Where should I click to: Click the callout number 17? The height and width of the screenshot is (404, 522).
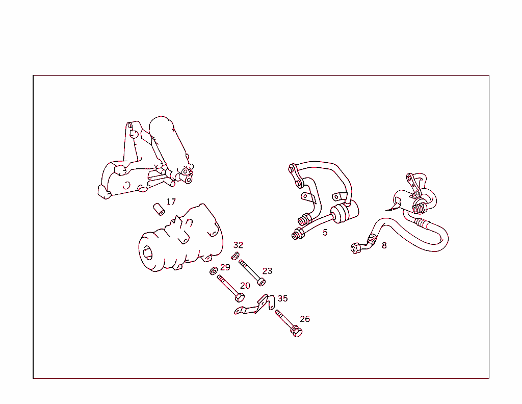tap(171, 202)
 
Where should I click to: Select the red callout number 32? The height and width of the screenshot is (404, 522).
tap(238, 245)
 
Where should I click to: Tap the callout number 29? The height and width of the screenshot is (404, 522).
tap(225, 267)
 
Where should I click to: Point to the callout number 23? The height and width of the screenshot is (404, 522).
tap(268, 271)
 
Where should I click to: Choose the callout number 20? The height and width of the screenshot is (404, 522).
tap(245, 286)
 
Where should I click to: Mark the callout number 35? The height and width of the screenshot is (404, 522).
tap(282, 298)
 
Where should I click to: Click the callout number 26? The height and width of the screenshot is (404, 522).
tap(305, 319)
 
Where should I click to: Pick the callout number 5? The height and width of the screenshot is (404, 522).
tap(325, 233)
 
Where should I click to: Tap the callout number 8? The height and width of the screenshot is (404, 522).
tap(384, 245)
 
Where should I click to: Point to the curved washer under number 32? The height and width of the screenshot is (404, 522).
tap(236, 256)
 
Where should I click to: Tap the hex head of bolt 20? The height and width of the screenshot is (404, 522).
tap(240, 297)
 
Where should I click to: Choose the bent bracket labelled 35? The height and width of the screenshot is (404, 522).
tap(253, 307)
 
